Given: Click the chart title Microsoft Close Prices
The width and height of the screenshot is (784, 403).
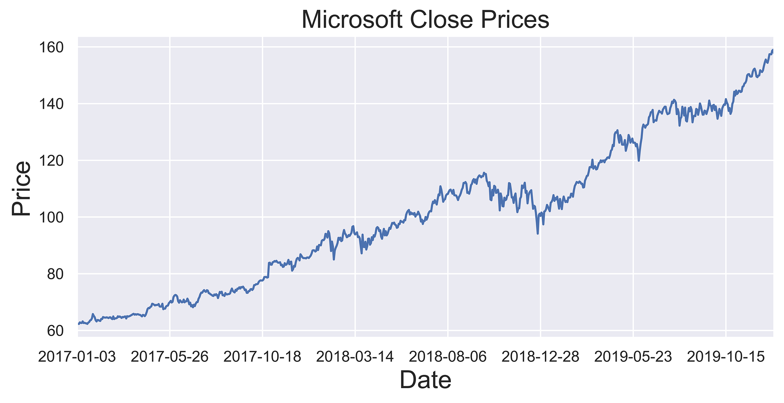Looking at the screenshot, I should [425, 20].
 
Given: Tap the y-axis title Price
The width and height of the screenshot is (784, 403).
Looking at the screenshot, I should [21, 188].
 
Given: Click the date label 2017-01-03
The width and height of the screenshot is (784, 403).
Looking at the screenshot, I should [78, 357].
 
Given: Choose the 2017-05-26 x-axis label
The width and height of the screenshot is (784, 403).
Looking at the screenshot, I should [170, 357].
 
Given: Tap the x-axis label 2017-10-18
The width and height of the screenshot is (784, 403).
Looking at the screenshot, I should [263, 357].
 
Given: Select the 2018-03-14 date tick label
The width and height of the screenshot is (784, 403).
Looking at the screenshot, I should [355, 357].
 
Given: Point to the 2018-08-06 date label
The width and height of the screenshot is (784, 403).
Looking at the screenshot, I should [448, 357].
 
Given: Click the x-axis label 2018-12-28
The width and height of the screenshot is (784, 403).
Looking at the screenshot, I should [541, 357].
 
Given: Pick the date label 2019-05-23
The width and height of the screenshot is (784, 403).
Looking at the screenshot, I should [633, 357].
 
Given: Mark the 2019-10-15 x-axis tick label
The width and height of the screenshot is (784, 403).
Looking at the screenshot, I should [726, 357].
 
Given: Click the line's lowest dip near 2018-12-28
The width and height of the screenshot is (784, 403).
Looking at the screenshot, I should [538, 234].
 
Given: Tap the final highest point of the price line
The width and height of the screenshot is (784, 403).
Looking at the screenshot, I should [772, 50].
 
